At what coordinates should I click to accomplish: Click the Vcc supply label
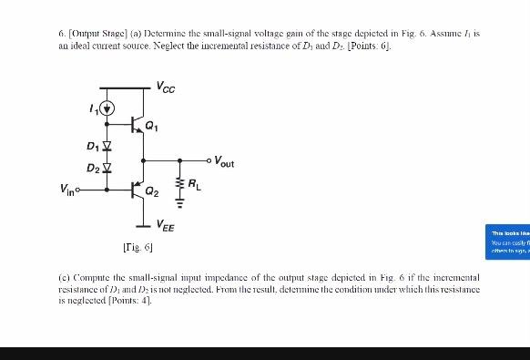[x=165, y=87]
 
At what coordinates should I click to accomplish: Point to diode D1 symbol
[x=107, y=146]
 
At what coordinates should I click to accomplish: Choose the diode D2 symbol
[x=107, y=168]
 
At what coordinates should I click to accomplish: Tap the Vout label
[x=224, y=163]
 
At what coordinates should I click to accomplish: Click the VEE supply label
[x=166, y=224]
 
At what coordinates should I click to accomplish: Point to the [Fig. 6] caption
[x=137, y=246]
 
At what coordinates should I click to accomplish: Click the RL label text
[x=194, y=186]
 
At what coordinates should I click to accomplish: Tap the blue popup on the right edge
[x=509, y=241]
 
